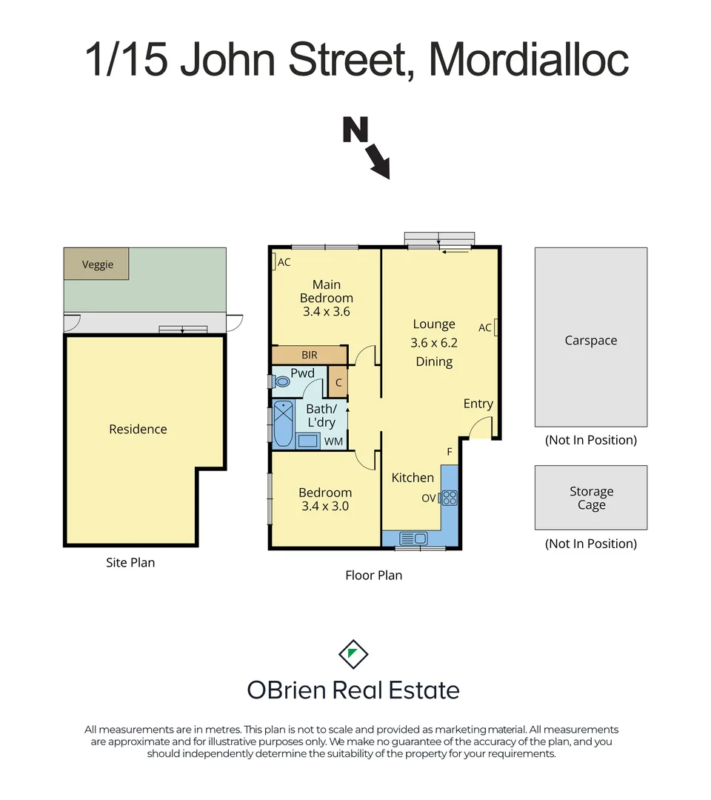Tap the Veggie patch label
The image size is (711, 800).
97,264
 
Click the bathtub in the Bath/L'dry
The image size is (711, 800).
284,424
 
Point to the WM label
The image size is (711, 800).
333,441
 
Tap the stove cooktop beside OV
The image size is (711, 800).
450,497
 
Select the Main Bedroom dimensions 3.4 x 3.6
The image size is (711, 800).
327,312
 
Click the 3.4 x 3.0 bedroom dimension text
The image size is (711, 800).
325,507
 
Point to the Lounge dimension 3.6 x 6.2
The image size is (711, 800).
434,343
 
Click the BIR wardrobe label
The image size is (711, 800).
309,356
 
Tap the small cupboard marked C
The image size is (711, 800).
338,383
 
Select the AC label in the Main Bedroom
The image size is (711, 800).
283,261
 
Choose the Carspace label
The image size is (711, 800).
590,341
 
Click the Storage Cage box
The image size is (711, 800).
591,498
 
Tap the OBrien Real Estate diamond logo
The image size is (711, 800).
353,653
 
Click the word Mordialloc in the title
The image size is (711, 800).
529,59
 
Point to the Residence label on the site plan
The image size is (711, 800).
138,429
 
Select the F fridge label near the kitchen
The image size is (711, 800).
449,452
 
